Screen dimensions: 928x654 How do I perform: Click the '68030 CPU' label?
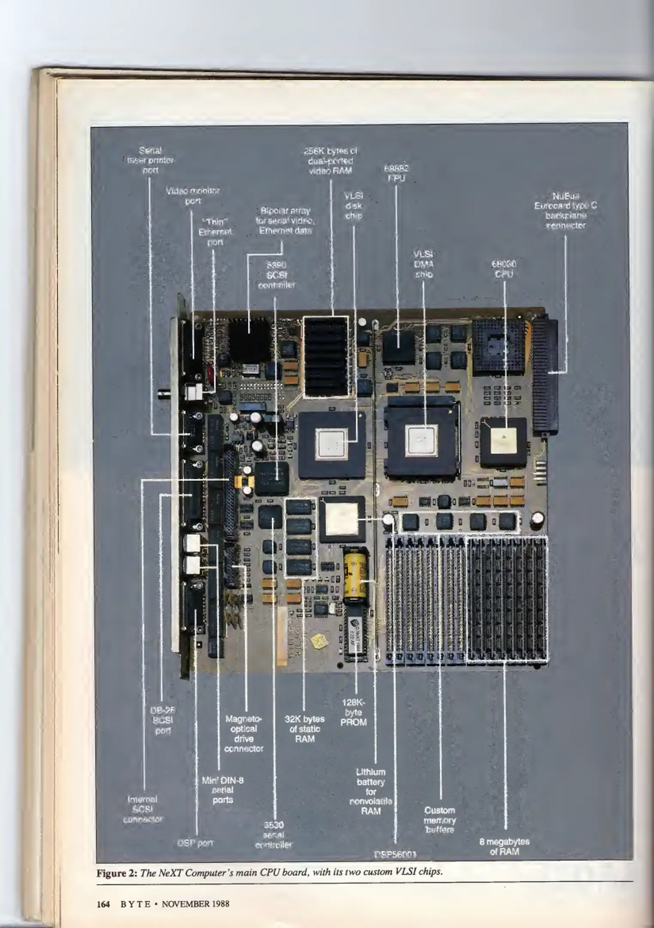point(504,269)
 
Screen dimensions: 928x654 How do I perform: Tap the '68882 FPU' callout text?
point(396,173)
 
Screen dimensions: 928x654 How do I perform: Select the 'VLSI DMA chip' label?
point(423,264)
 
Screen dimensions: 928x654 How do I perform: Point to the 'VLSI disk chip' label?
point(353,206)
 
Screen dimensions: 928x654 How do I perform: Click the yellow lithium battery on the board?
point(355,574)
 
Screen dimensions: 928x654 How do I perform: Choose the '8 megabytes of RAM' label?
point(504,846)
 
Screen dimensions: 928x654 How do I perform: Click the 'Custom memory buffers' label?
point(440,820)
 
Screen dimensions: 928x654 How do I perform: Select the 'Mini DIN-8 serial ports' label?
point(223,790)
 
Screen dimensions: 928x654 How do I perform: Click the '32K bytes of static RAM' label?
point(304,729)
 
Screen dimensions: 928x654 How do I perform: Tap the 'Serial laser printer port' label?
point(150,160)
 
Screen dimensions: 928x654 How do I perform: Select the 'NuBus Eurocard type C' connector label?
point(566,211)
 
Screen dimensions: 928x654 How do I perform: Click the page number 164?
point(103,904)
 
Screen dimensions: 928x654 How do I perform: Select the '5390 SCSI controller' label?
point(276,275)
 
